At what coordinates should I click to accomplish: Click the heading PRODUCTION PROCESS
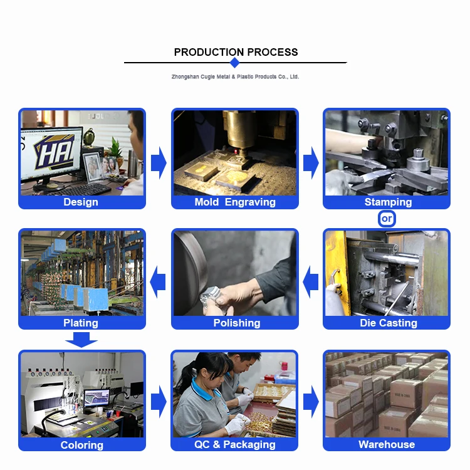(x=236, y=52)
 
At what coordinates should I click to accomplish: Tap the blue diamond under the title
(x=235, y=63)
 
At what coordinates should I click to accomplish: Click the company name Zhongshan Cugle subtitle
(x=235, y=76)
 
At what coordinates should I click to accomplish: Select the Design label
(x=81, y=202)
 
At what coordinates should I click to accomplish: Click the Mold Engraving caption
(x=235, y=202)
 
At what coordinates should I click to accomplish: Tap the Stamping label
(x=388, y=202)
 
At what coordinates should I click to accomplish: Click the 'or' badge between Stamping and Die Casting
(x=387, y=219)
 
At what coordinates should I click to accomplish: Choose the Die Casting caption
(x=389, y=323)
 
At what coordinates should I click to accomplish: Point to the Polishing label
(x=237, y=323)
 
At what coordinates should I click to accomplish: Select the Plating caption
(x=81, y=323)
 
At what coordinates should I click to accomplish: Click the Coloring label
(x=82, y=445)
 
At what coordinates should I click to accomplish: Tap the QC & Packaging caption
(x=235, y=444)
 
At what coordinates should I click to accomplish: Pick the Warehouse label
(x=387, y=444)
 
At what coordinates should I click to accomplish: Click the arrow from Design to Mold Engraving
(x=159, y=163)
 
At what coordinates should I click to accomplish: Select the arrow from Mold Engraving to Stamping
(x=311, y=163)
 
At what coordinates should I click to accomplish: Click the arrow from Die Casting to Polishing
(x=311, y=282)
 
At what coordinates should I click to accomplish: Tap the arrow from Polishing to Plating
(x=158, y=282)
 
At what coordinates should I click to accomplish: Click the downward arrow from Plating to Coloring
(x=81, y=340)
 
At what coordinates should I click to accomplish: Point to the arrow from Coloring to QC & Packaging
(x=159, y=402)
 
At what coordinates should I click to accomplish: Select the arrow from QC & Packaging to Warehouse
(x=311, y=402)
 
